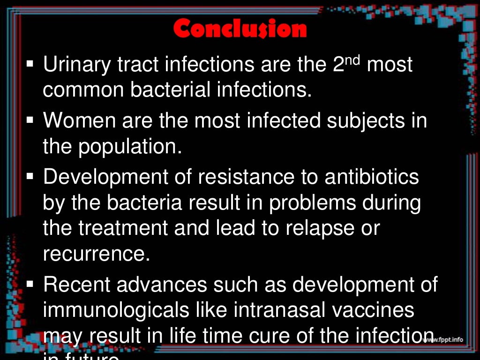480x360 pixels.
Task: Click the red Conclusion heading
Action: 240,29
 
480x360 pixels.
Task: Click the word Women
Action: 79,121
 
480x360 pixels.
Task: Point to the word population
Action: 129,147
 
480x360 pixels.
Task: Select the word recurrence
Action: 96,254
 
